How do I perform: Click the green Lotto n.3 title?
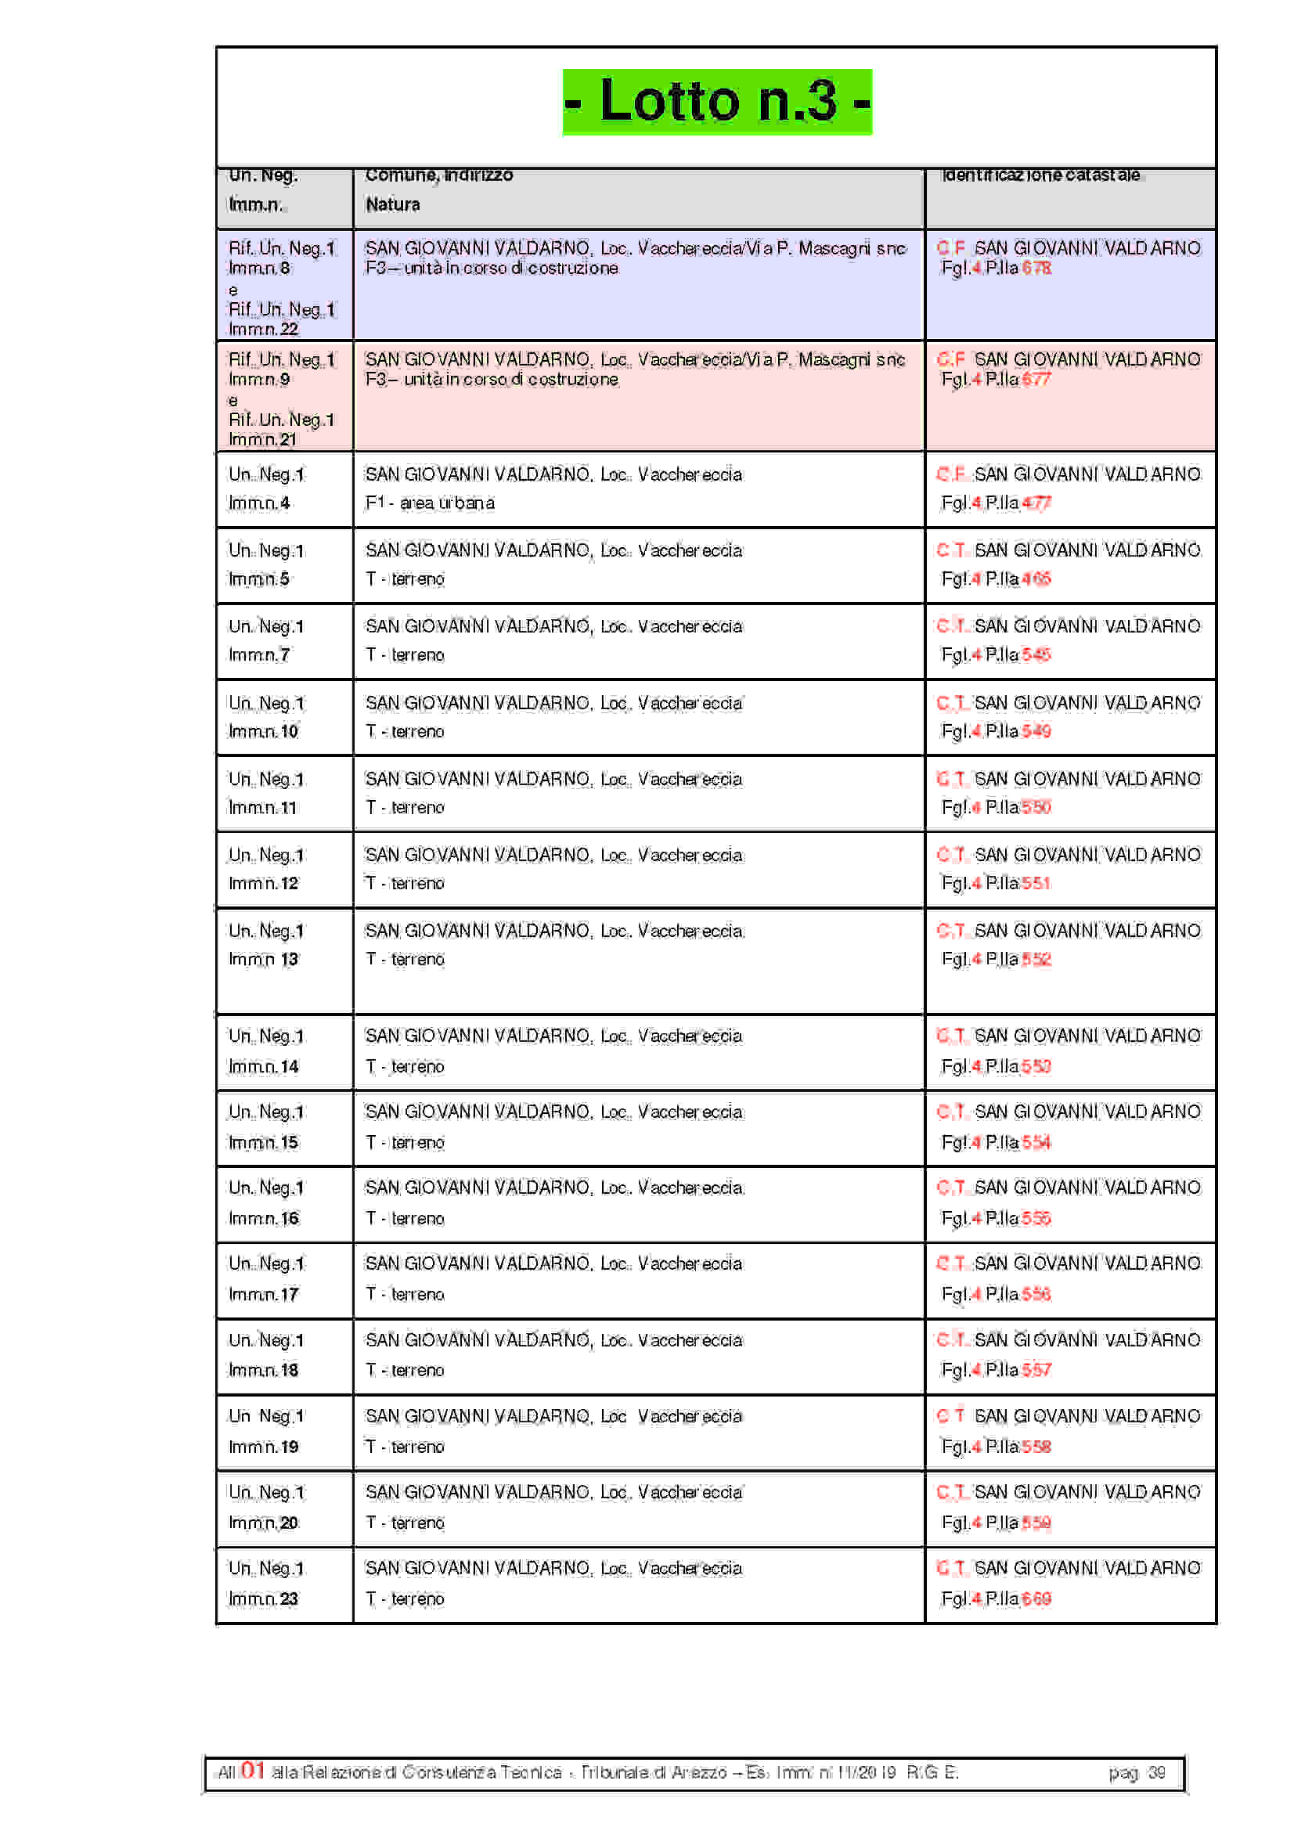pyautogui.click(x=717, y=102)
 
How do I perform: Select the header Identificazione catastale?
pyautogui.click(x=1040, y=175)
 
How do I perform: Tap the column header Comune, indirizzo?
pyautogui.click(x=438, y=175)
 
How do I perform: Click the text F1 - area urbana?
pyautogui.click(x=430, y=503)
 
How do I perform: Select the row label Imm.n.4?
pyautogui.click(x=259, y=503)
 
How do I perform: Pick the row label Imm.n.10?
pyautogui.click(x=263, y=731)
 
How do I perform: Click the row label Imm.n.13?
pyautogui.click(x=263, y=960)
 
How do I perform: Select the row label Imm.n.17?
pyautogui.click(x=263, y=1294)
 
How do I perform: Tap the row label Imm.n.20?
pyautogui.click(x=263, y=1523)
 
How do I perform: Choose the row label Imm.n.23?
pyautogui.click(x=263, y=1599)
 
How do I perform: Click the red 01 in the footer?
pyautogui.click(x=253, y=1771)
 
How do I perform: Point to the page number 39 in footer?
pyautogui.click(x=1156, y=1772)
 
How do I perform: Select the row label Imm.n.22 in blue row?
pyautogui.click(x=263, y=329)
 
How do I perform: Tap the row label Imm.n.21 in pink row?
pyautogui.click(x=262, y=439)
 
